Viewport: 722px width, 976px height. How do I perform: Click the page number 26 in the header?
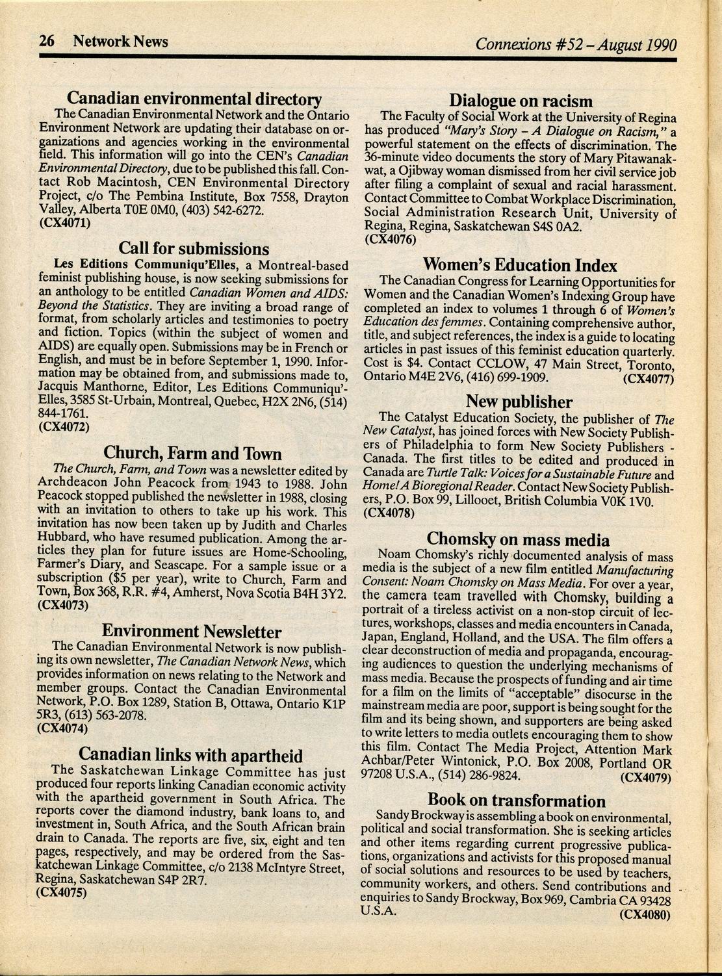tap(46, 42)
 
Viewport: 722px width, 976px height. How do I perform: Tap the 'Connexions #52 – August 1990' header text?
tap(576, 45)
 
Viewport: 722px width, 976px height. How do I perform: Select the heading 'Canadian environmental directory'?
tap(196, 99)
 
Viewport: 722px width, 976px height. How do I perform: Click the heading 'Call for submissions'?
tap(194, 249)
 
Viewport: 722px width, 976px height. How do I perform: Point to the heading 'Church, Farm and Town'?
tap(193, 453)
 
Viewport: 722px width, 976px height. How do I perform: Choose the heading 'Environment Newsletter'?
tap(192, 632)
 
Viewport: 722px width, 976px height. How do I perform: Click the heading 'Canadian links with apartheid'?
tap(190, 756)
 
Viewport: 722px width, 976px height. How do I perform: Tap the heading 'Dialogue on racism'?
tap(521, 101)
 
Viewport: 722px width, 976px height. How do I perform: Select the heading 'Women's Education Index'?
tap(520, 265)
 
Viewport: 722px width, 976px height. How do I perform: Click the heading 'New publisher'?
tap(519, 402)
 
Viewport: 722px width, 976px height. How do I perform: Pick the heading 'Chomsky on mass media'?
tap(518, 539)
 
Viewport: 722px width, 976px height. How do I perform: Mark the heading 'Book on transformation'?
tap(517, 800)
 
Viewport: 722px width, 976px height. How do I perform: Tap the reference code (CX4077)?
tap(645, 378)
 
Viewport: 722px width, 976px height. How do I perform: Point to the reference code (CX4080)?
tap(644, 914)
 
